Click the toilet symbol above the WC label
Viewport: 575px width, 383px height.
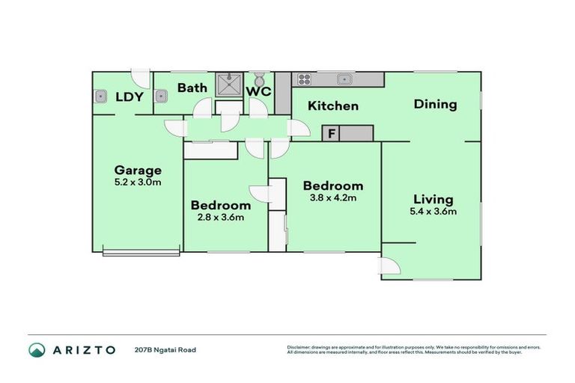point(259,79)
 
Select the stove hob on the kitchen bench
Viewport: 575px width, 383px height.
point(305,79)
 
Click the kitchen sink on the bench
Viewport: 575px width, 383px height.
point(344,79)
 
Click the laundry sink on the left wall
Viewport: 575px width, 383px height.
point(100,96)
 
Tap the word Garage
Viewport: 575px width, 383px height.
point(137,170)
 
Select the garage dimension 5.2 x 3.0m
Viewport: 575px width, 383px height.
point(137,181)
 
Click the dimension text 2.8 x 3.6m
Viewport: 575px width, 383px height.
point(220,217)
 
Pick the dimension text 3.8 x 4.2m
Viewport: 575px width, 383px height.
point(332,197)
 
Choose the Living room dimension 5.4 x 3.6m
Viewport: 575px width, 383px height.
point(433,211)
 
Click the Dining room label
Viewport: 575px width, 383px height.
point(435,104)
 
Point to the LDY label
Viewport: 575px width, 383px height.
point(130,96)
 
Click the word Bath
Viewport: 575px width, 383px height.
point(192,88)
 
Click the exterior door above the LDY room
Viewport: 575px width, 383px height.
point(140,78)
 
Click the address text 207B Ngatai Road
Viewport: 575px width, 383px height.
point(165,349)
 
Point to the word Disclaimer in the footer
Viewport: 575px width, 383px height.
point(299,347)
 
